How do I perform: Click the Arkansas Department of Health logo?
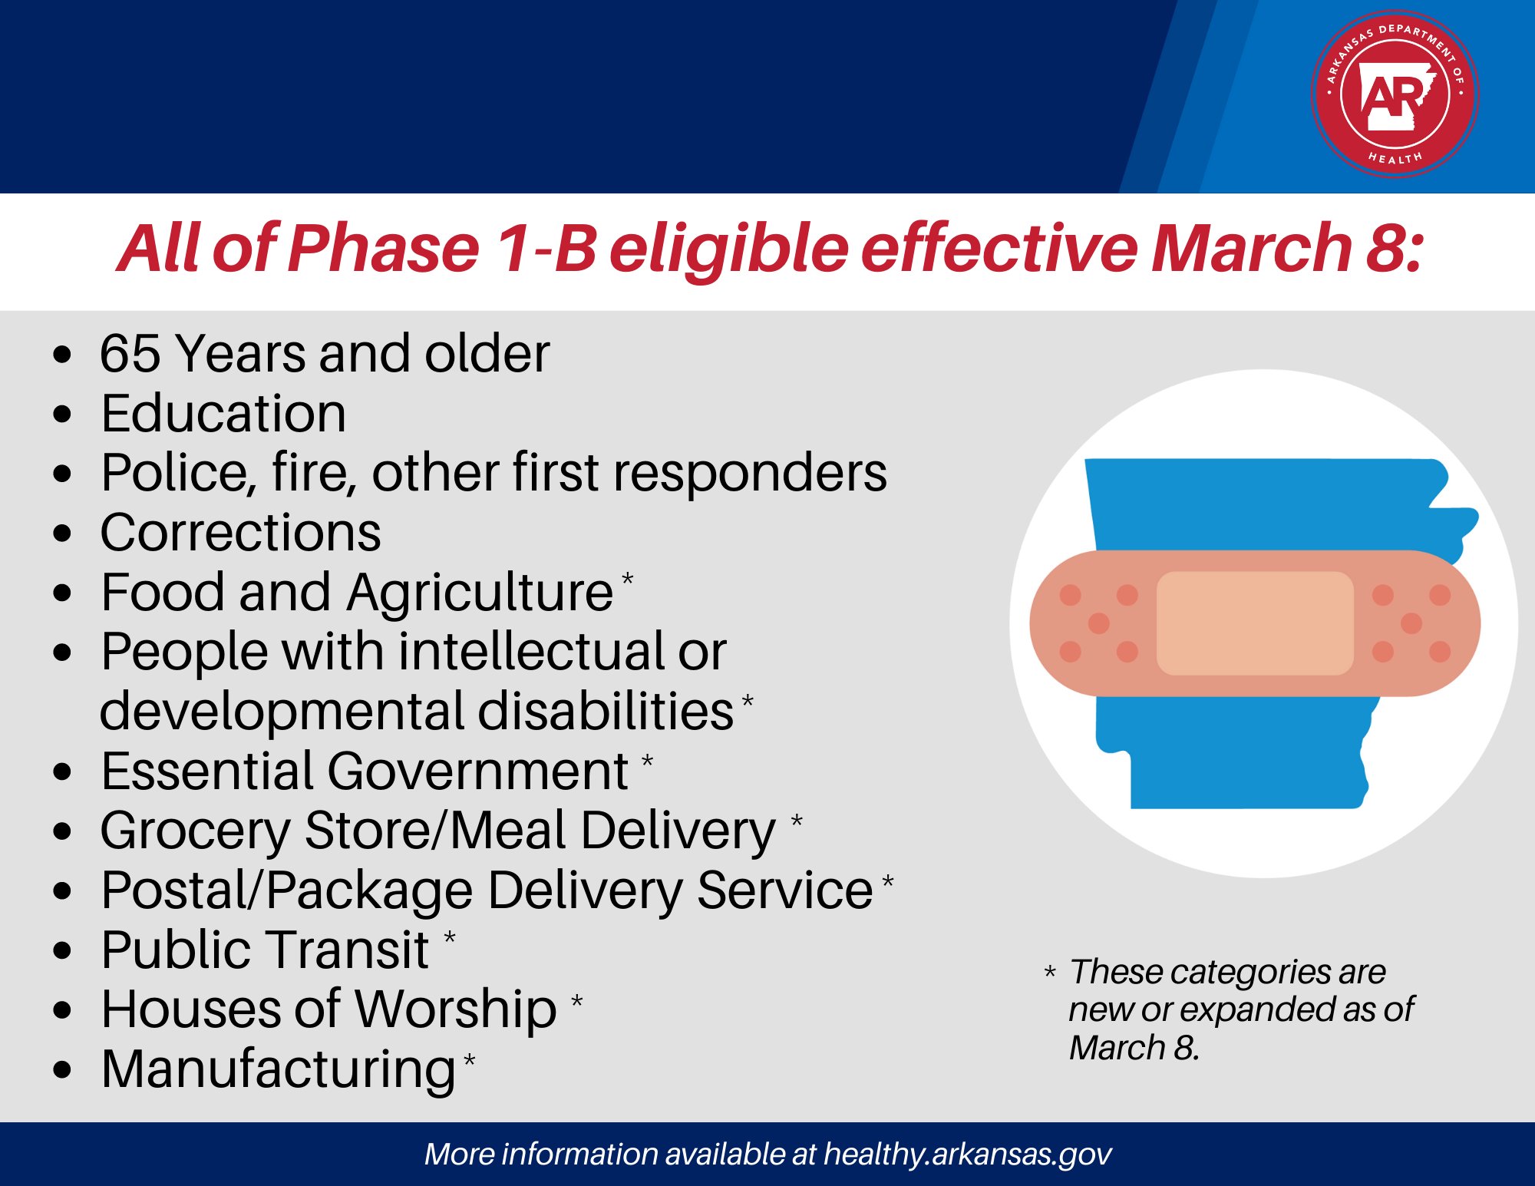click(x=1395, y=94)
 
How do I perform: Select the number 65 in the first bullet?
click(x=130, y=354)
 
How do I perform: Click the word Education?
click(x=223, y=414)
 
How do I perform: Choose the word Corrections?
click(x=240, y=533)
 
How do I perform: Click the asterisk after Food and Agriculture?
click(x=628, y=578)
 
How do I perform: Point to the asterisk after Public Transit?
click(x=450, y=937)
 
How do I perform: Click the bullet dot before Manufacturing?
click(x=63, y=1069)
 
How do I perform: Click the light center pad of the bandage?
click(x=1254, y=623)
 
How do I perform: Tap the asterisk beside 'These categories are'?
click(x=1050, y=973)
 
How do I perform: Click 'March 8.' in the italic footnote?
click(x=1134, y=1048)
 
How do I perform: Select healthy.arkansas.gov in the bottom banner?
click(x=967, y=1154)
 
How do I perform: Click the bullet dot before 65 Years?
click(x=63, y=355)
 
